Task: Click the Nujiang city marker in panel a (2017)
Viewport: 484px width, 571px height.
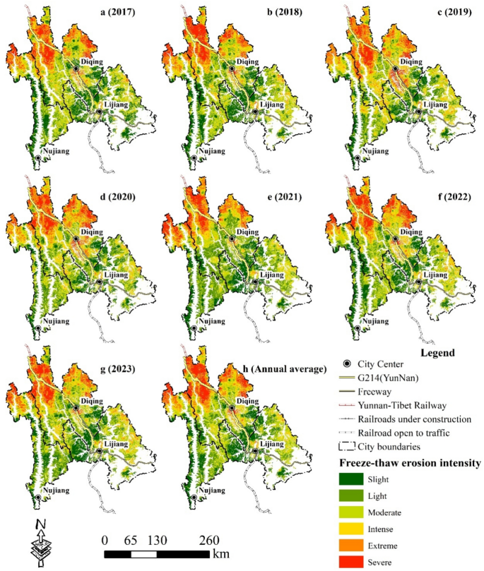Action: (x=38, y=159)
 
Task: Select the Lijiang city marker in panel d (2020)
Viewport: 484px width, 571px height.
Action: (x=100, y=281)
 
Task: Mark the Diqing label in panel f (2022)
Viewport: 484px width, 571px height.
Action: (x=411, y=232)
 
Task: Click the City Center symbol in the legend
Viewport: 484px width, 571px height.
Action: (x=345, y=364)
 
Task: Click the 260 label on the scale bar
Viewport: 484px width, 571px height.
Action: (x=209, y=540)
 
